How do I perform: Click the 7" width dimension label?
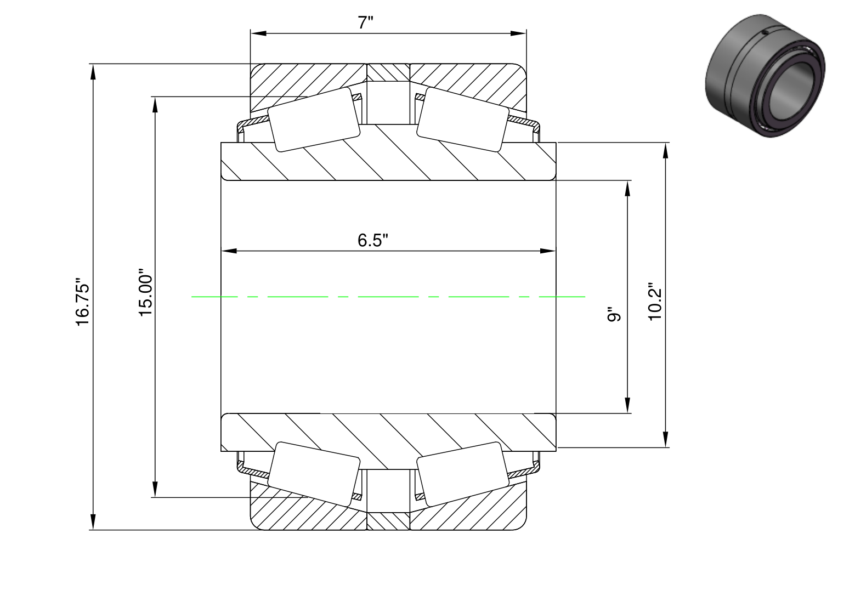pyautogui.click(x=365, y=22)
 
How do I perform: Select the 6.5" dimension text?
pyautogui.click(x=372, y=240)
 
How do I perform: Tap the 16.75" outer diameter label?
pyautogui.click(x=83, y=302)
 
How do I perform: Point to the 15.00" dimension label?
pyautogui.click(x=145, y=292)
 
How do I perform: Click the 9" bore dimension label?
pyautogui.click(x=614, y=314)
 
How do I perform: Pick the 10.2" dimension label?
pyautogui.click(x=655, y=302)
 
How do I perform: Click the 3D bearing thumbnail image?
pyautogui.click(x=765, y=76)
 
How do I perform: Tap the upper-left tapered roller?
pyautogui.click(x=314, y=120)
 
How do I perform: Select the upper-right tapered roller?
pyautogui.click(x=463, y=120)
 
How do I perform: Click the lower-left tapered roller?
pyautogui.click(x=314, y=474)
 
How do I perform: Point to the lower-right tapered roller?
pyautogui.click(x=463, y=474)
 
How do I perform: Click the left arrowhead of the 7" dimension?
pyautogui.click(x=258, y=33)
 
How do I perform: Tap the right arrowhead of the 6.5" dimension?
pyautogui.click(x=548, y=251)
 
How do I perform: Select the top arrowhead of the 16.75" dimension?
pyautogui.click(x=93, y=72)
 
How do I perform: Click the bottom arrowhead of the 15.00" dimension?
pyautogui.click(x=155, y=489)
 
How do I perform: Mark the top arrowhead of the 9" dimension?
pyautogui.click(x=627, y=188)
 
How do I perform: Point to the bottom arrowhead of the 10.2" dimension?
pyautogui.click(x=666, y=439)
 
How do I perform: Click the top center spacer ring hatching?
pyautogui.click(x=388, y=72)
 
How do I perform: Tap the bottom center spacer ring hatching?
pyautogui.click(x=388, y=521)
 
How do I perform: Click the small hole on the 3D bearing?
pyautogui.click(x=765, y=33)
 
